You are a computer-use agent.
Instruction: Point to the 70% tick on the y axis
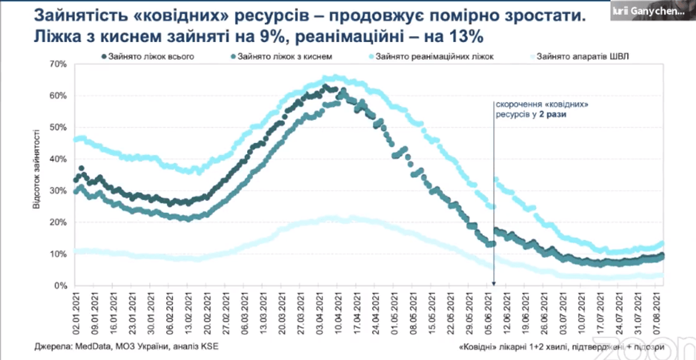(58, 64)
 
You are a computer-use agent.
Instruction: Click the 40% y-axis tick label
(58, 159)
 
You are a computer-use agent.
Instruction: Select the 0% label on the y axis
(61, 286)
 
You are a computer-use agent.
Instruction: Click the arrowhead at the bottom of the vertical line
(494, 283)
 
